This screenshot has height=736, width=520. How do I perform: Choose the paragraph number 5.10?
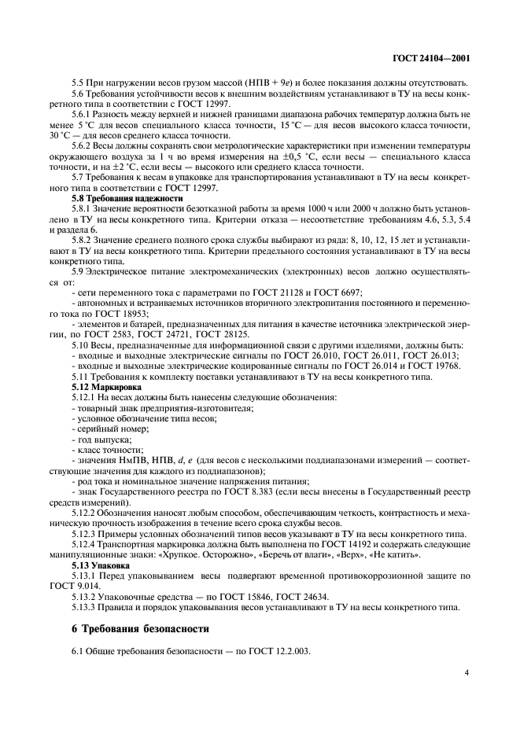(81, 344)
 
